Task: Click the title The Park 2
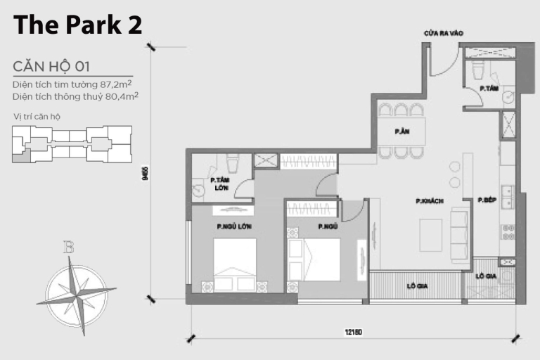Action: [78, 25]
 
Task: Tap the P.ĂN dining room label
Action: [401, 131]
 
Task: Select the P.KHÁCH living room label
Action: [428, 201]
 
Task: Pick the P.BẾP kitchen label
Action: [487, 200]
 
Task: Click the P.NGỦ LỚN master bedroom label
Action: [234, 226]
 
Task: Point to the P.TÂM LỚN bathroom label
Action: [220, 183]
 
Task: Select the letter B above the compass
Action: [69, 247]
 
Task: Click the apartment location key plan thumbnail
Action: [72, 144]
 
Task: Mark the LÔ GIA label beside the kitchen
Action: [485, 276]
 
